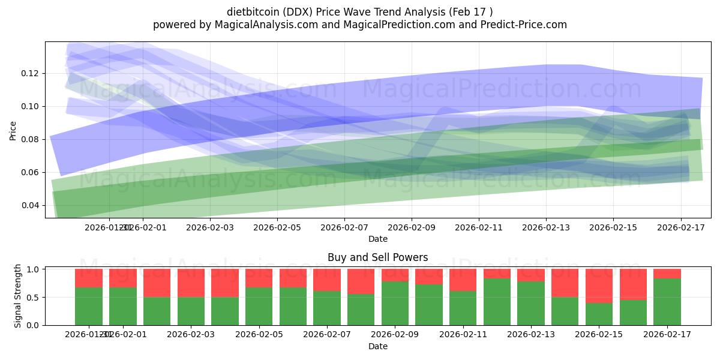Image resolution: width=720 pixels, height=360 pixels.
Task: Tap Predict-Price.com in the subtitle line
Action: (x=525, y=25)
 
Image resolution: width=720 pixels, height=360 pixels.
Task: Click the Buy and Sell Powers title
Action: (x=377, y=257)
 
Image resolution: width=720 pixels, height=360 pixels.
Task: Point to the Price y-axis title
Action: (x=13, y=130)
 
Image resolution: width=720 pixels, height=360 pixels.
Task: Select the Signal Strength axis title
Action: (x=18, y=296)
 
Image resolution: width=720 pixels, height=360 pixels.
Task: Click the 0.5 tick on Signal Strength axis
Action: (x=33, y=297)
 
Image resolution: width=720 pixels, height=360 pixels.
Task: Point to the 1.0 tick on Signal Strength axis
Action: (x=33, y=269)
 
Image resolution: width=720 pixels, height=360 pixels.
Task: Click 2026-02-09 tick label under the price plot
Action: (x=412, y=228)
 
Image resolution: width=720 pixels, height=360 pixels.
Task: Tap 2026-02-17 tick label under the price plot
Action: (x=680, y=228)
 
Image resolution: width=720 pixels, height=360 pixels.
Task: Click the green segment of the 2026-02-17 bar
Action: (x=667, y=302)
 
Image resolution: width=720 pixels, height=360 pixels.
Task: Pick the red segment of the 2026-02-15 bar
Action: (x=599, y=286)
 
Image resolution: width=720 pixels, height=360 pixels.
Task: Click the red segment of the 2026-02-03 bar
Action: (x=191, y=283)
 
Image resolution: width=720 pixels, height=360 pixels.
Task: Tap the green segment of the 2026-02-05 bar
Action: (x=259, y=306)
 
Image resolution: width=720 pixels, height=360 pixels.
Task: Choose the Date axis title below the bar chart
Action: (x=377, y=346)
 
